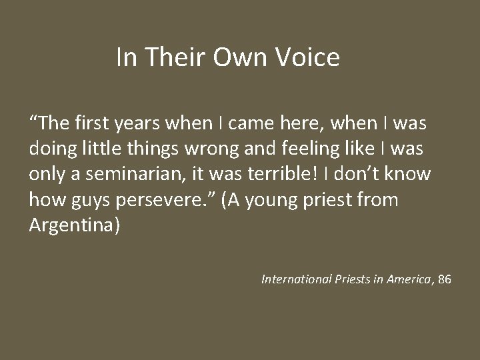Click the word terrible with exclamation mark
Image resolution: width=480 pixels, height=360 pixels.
click(x=287, y=174)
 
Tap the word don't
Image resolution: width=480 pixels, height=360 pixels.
click(x=357, y=174)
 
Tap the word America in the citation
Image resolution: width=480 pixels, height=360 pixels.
click(x=409, y=279)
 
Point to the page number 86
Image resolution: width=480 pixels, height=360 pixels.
click(x=445, y=279)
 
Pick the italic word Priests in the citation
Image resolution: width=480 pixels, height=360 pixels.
click(x=354, y=279)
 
